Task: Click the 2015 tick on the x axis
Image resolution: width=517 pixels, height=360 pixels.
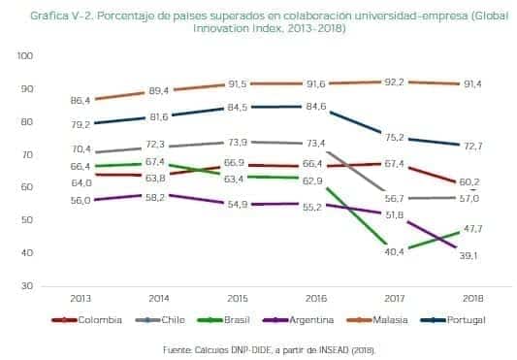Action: pyautogui.click(x=234, y=298)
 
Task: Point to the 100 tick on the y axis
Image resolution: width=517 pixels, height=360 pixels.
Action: pyautogui.click(x=24, y=55)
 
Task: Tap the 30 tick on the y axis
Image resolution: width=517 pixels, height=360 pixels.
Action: pyautogui.click(x=27, y=285)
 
